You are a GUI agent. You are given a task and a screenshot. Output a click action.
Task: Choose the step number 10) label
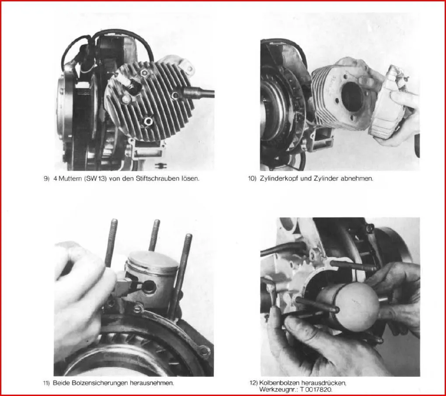pyautogui.click(x=252, y=179)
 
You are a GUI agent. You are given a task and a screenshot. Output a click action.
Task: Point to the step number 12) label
pyautogui.click(x=254, y=383)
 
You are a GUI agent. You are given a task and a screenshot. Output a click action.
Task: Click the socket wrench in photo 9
pyautogui.click(x=199, y=93)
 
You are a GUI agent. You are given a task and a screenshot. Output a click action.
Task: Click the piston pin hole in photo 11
pyautogui.click(x=149, y=287)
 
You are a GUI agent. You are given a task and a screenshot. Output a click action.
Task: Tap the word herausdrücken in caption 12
pyautogui.click(x=324, y=383)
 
